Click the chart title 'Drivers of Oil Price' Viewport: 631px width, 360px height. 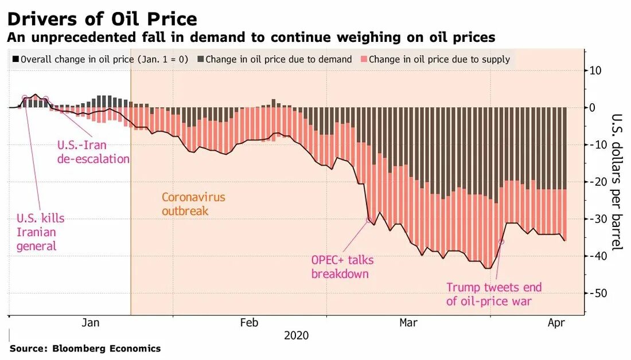pos(102,19)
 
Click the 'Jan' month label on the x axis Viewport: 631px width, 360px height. pos(91,323)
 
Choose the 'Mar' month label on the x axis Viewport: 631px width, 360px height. pos(408,323)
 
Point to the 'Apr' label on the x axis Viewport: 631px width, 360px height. pos(556,323)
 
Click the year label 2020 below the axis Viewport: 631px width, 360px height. pos(296,335)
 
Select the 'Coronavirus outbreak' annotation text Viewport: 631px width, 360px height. pos(193,204)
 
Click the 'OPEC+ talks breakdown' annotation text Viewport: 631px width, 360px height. pos(342,267)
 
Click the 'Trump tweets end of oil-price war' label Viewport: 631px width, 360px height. pos(493,294)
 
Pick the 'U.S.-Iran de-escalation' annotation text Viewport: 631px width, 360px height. pos(93,152)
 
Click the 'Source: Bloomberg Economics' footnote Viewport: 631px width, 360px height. pos(85,348)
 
